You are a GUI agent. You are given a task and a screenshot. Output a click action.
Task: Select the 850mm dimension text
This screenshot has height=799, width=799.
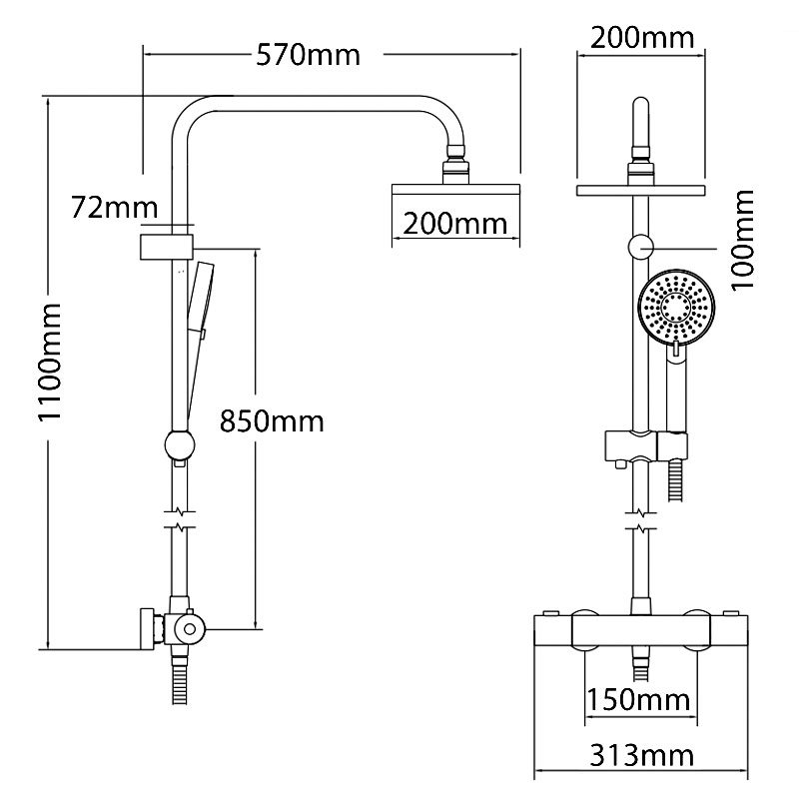coord(272,421)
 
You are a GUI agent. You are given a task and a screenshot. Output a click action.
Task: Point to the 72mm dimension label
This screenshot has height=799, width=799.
coord(115,208)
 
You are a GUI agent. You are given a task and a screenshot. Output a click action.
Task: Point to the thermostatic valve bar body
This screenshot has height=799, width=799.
coord(641,632)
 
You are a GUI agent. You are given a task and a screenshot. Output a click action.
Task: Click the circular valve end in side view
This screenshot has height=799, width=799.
coord(187,627)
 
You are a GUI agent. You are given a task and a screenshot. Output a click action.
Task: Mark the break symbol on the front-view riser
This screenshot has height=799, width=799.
coord(639,519)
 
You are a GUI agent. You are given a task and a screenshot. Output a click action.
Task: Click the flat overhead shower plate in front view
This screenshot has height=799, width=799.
coord(641,189)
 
